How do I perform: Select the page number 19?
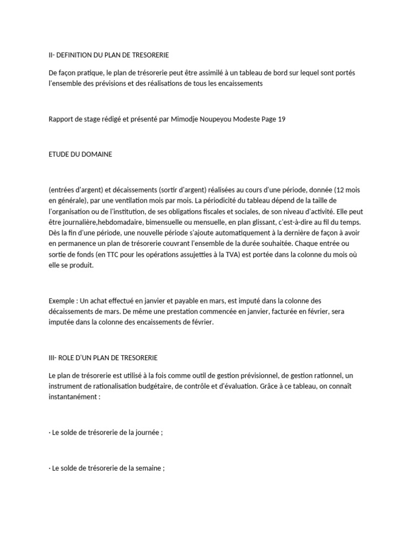[x=281, y=120]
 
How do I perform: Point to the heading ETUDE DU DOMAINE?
[x=80, y=154]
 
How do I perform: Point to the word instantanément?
[x=74, y=396]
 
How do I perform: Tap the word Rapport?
[x=61, y=120]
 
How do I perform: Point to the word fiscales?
[x=239, y=211]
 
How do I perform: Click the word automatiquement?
[x=240, y=233]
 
